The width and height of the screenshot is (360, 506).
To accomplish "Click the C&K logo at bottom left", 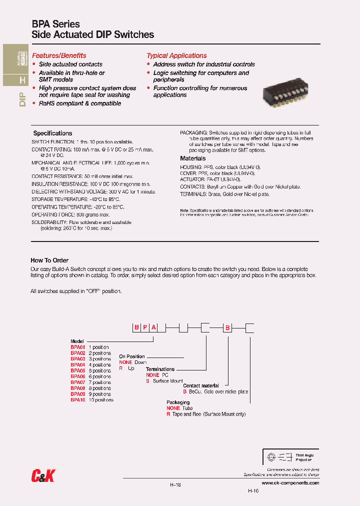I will pyautogui.click(x=42, y=476).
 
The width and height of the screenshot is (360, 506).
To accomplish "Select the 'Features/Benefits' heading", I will pyautogui.click(x=59, y=55).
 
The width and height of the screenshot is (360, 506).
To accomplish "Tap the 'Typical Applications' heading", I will pyautogui.click(x=176, y=55).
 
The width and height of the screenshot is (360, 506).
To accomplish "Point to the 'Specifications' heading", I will pyautogui.click(x=52, y=133).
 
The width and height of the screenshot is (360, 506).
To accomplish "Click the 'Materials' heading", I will pyautogui.click(x=192, y=158).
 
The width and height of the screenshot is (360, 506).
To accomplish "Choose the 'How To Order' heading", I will pyautogui.click(x=49, y=260).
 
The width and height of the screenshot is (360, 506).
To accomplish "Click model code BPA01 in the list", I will pyautogui.click(x=78, y=347).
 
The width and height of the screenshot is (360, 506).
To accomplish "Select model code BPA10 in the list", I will pyautogui.click(x=78, y=400).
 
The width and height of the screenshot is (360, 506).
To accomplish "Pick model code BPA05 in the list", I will pyautogui.click(x=78, y=370).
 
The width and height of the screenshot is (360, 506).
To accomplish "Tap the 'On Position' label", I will pyautogui.click(x=132, y=356).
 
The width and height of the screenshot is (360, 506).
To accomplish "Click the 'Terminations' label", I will pyautogui.click(x=160, y=369).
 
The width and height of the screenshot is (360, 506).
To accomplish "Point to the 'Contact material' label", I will pyautogui.click(x=201, y=386).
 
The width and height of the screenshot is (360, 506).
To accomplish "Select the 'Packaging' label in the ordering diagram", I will pyautogui.click(x=178, y=402).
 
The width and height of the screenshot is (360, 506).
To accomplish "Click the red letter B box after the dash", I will pyautogui.click(x=227, y=328).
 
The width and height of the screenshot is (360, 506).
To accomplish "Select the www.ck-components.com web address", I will pyautogui.click(x=289, y=483).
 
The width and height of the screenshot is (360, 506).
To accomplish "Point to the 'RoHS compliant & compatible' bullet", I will pyautogui.click(x=80, y=103).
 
